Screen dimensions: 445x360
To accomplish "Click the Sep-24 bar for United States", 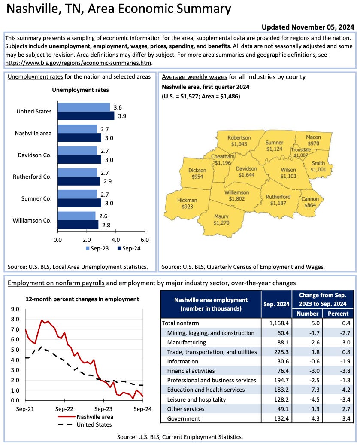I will (x=86, y=116).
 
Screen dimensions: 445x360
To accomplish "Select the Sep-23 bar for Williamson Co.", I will (x=76, y=216).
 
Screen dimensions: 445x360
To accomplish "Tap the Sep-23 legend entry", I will (x=96, y=248).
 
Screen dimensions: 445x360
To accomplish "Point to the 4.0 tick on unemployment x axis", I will (x=115, y=239).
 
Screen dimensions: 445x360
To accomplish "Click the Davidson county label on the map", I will (x=247, y=169).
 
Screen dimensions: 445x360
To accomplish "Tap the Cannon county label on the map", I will (x=310, y=199).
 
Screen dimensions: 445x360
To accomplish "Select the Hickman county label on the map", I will (x=187, y=201).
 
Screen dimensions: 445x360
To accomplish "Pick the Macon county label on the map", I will (x=313, y=137).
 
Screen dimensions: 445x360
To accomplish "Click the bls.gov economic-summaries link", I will (x=79, y=62).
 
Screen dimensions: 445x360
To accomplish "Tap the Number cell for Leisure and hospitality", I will (x=313, y=399).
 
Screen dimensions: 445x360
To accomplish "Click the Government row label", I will (x=184, y=418).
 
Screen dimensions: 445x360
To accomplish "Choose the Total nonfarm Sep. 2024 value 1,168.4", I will (x=276, y=323).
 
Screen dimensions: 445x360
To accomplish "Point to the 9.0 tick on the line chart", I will (x=15, y=309).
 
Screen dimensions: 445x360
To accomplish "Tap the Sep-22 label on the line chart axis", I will (x=64, y=409).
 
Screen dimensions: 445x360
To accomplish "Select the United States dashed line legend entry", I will (x=94, y=424).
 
